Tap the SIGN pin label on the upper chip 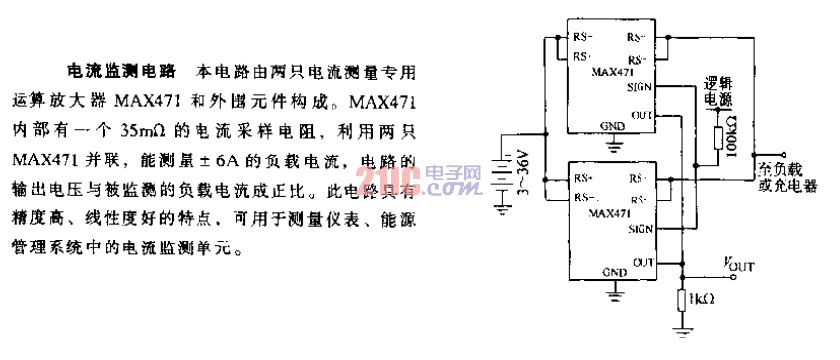click(x=641, y=87)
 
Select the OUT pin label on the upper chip click(x=641, y=115)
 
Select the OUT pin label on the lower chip click(x=642, y=262)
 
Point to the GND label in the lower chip click(x=614, y=271)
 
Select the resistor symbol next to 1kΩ click(x=682, y=296)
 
